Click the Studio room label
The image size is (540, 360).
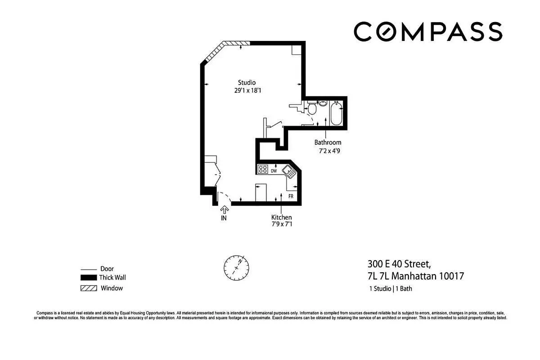tap(247, 82)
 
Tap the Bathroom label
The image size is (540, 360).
tap(328, 143)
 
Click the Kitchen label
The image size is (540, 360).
tap(281, 217)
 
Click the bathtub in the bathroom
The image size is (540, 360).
tap(336, 114)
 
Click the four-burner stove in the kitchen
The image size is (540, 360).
tap(263, 170)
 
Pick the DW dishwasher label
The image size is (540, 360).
tap(274, 171)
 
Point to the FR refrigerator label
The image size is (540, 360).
tap(291, 197)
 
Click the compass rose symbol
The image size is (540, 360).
tap(236, 267)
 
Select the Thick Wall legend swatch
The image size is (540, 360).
tap(89, 278)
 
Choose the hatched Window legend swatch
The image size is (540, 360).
tap(89, 288)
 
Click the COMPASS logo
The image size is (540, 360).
tap(427, 32)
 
